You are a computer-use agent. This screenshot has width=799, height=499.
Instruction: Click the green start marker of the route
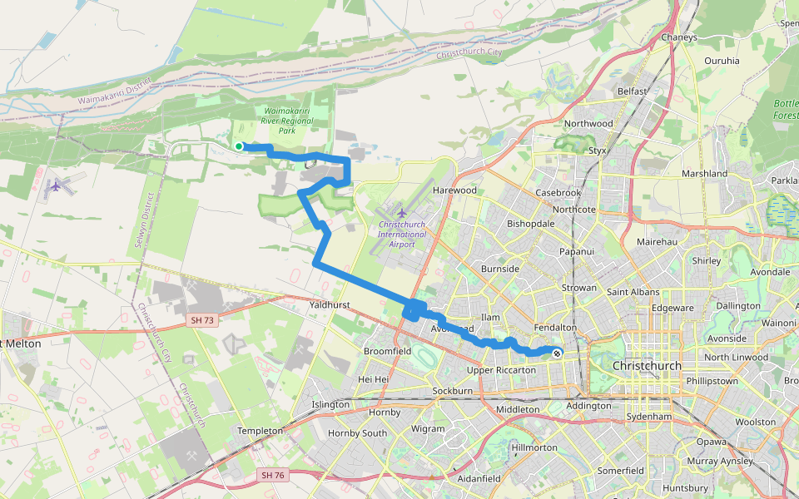point(239,146)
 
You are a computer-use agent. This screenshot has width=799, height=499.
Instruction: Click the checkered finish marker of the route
point(556,353)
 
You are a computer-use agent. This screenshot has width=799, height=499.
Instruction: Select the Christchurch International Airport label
point(402,229)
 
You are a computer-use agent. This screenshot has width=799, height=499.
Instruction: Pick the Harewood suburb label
point(455,190)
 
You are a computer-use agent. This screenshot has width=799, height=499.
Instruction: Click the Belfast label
point(633,91)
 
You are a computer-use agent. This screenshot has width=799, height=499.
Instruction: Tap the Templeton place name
point(261,431)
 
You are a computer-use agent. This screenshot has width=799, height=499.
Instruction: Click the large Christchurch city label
point(647,366)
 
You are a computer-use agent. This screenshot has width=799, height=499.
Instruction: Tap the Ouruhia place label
point(722,61)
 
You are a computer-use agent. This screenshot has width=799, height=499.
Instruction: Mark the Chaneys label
point(678,37)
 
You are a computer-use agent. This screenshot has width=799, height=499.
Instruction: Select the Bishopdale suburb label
point(531,225)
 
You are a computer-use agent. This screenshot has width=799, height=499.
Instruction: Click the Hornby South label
point(357,433)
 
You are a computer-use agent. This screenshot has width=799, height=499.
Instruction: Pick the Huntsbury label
point(686,487)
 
